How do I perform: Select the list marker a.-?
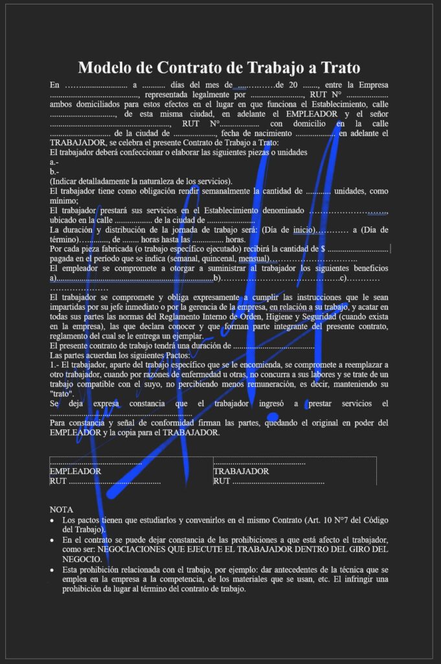(54, 161)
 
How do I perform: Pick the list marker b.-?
(54, 171)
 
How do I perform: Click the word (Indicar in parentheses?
(64, 181)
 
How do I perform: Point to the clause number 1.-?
(54, 365)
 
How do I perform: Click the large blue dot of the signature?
(273, 418)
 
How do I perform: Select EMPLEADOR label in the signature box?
(75, 471)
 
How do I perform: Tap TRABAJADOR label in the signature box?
(241, 471)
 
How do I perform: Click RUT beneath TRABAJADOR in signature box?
(221, 481)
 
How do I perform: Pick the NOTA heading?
(62, 510)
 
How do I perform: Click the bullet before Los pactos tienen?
(52, 521)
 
